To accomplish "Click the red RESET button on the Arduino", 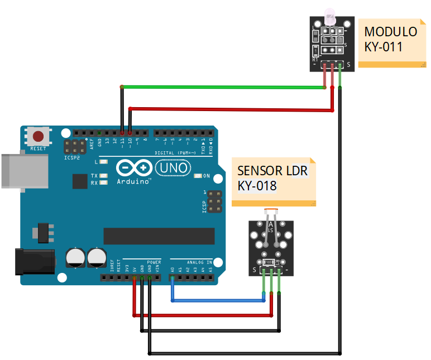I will [x=38, y=136].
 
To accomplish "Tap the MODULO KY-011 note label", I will [x=391, y=39].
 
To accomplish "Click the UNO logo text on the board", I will [x=173, y=167].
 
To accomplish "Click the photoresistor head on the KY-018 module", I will [x=271, y=213].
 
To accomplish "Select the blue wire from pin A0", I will [x=218, y=301].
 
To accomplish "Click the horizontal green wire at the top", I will [x=223, y=87].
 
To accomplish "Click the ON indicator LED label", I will [x=206, y=176].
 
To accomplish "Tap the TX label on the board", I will [x=94, y=176].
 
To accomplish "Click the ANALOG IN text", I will [x=198, y=261].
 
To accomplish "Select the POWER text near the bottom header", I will [x=154, y=261].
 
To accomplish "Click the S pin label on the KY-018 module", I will [x=255, y=271].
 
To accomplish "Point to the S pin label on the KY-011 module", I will [x=348, y=64].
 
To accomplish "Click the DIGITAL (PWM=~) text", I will [x=178, y=152].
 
